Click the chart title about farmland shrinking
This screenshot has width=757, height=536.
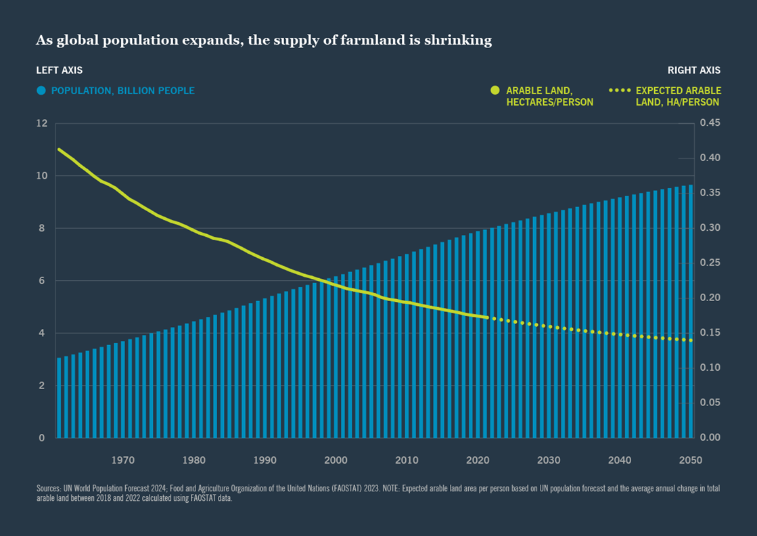tap(264, 41)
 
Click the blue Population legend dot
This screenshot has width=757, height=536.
tap(41, 91)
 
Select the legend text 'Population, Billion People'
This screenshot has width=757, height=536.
tap(122, 91)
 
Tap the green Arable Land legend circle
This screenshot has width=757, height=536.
tap(495, 91)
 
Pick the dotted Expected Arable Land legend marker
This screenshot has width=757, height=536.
tap(620, 91)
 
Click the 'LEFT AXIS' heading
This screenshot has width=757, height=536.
tap(60, 70)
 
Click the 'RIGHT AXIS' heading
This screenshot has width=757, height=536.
tap(694, 70)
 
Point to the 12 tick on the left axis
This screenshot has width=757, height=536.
tap(42, 123)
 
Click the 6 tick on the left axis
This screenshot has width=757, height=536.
tap(42, 281)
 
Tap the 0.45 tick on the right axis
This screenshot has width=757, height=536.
tap(710, 123)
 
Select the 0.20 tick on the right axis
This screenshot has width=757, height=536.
tap(710, 298)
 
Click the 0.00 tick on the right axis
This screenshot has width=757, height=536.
tap(710, 438)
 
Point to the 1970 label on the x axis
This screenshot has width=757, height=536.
tap(122, 460)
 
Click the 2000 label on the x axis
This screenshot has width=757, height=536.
tap(336, 460)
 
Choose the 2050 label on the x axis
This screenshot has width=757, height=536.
tap(691, 460)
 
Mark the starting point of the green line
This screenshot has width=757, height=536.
tap(60, 150)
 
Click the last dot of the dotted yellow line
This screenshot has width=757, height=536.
tap(691, 340)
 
